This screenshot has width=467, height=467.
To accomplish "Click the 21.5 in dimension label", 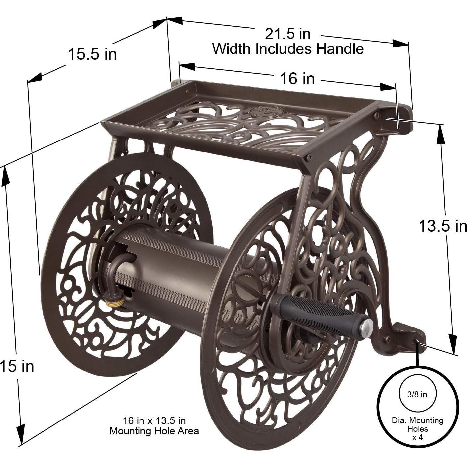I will coord(288,34).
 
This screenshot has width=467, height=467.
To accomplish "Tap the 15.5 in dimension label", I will coord(92,54).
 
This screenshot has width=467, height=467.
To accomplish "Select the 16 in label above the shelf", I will coord(297,79).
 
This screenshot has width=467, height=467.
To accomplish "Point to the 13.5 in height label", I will coord(442,226).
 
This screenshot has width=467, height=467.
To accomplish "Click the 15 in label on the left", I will coord(17,366).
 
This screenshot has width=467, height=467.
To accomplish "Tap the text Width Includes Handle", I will coord(288,49).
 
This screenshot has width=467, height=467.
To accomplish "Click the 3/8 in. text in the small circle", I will coord(418,395).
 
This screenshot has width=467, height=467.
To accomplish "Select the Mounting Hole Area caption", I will coord(154,431).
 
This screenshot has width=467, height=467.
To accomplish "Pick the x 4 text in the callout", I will coord(418,437).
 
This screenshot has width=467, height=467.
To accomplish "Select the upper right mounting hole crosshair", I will coord(398,119).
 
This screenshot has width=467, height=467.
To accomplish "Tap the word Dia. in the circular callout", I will coord(398,420).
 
